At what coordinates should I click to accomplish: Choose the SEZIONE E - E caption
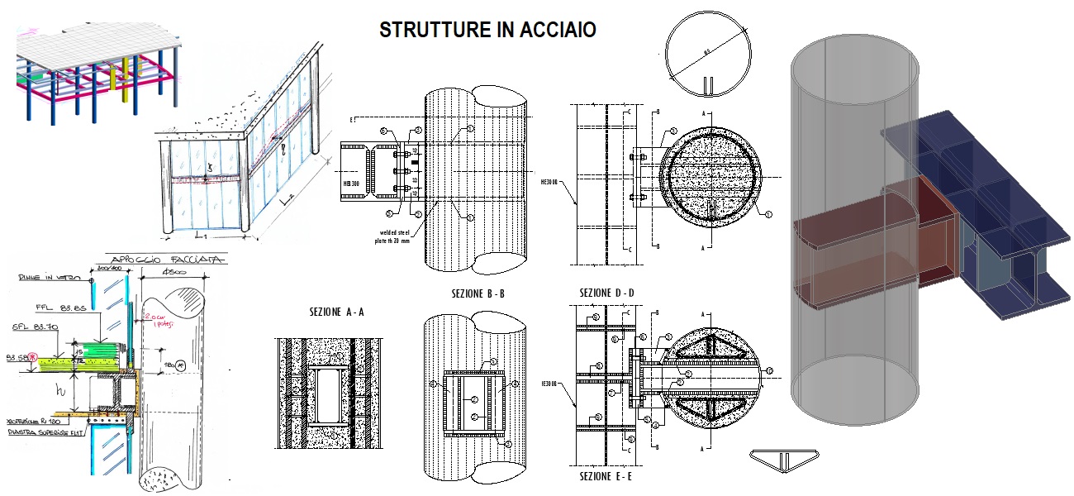tap(607, 476)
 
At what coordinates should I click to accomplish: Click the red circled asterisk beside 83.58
tap(35, 357)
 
